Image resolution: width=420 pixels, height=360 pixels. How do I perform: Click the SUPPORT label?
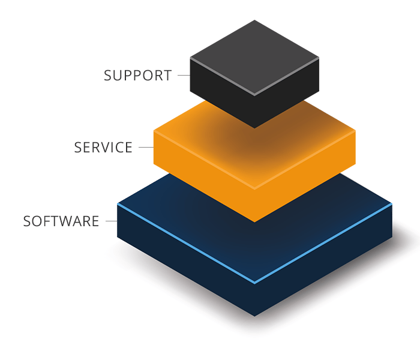(137, 76)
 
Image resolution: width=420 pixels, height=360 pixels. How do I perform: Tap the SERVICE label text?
(103, 148)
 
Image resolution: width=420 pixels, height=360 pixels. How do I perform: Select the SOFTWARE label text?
(61, 221)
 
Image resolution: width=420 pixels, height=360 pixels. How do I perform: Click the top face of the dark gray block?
(254, 57)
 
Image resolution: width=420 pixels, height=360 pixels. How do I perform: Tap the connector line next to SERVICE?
(146, 148)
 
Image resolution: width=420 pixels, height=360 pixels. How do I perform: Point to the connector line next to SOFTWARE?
(111, 221)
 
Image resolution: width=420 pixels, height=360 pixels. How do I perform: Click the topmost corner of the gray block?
(254, 20)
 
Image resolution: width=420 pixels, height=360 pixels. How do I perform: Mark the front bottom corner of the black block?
(254, 128)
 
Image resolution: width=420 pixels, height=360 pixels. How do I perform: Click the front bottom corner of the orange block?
(254, 222)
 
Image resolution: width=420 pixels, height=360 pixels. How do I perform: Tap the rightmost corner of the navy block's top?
(392, 204)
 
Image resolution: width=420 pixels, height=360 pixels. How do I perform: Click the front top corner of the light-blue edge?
(254, 283)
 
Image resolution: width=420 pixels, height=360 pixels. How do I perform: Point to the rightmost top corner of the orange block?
(355, 130)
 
